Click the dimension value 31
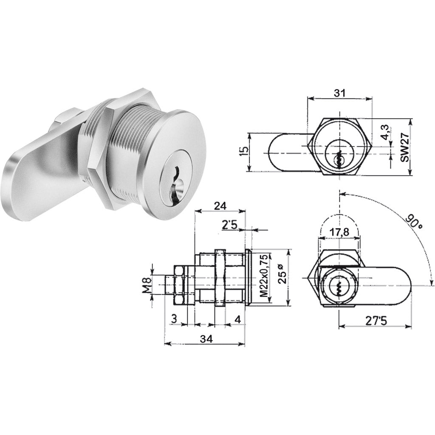(339, 93)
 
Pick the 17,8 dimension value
(339, 232)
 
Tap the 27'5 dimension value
(376, 321)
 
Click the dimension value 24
(220, 206)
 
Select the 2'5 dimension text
(230, 225)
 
